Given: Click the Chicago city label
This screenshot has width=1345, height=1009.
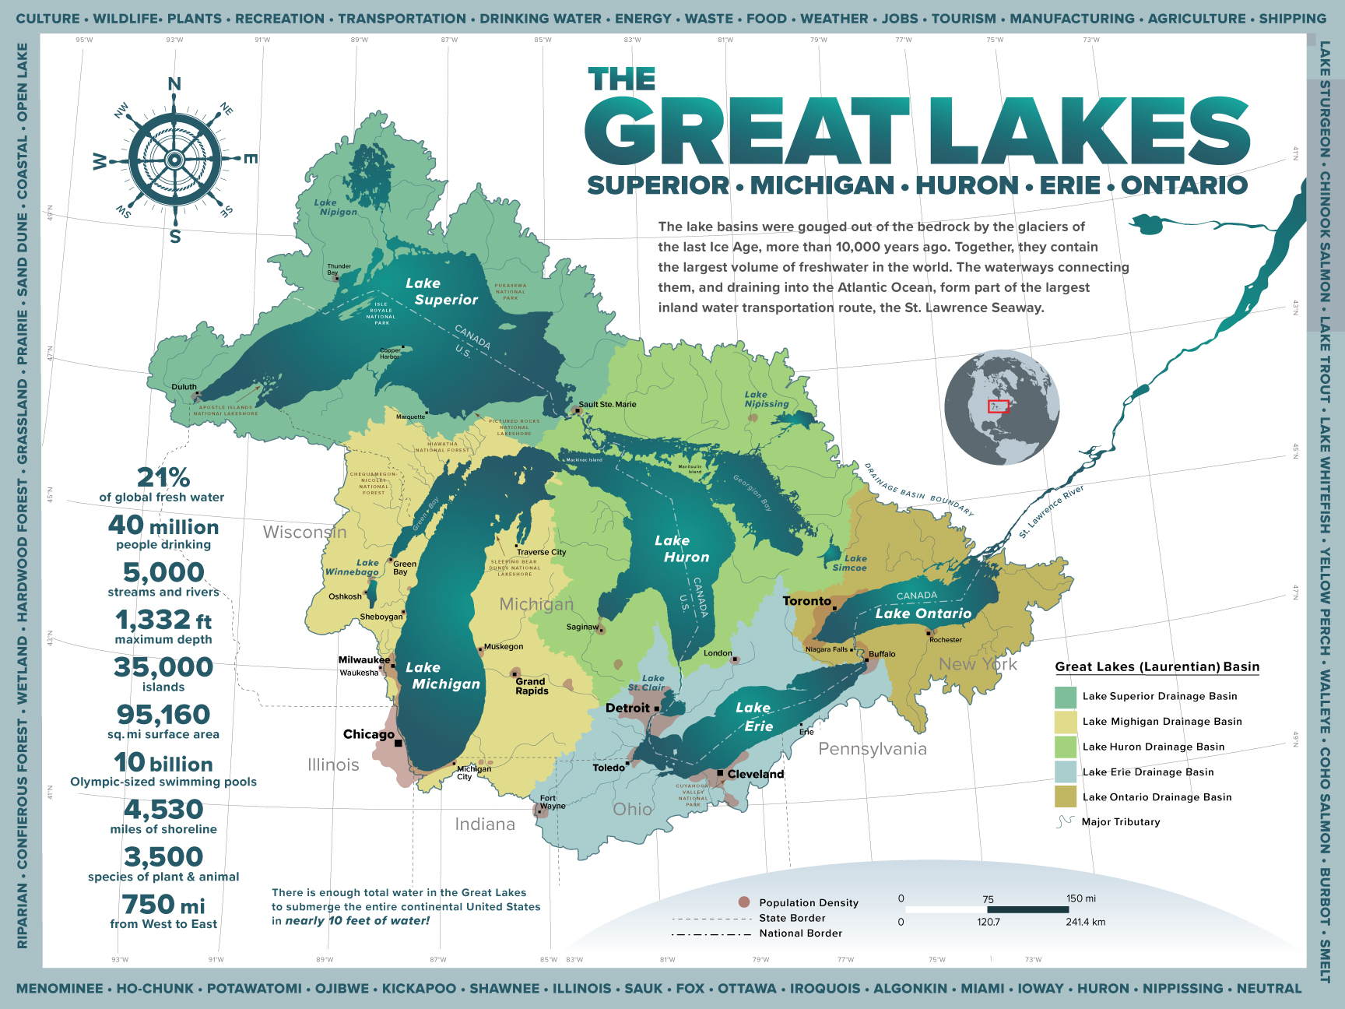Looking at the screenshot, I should tap(368, 734).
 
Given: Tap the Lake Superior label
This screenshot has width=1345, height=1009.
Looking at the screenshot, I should tap(441, 292).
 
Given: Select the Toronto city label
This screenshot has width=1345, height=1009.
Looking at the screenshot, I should tap(806, 601).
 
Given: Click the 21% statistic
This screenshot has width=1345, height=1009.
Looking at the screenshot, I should tap(163, 476).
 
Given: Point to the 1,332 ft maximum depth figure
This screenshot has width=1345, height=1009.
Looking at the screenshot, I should tap(163, 621).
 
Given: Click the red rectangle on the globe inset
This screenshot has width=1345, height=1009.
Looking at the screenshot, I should tap(998, 406).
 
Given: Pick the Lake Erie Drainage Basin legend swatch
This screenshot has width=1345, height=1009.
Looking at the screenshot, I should tap(1065, 772).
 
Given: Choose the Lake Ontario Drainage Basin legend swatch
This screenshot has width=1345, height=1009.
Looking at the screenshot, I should tap(1065, 796).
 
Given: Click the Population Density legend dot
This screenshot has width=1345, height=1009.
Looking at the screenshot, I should tap(743, 902).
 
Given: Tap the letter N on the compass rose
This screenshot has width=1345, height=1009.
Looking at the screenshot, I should tap(174, 84).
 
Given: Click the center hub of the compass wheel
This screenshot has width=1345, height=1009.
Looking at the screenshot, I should tap(174, 160).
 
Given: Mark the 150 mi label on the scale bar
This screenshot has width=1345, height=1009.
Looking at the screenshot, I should tap(1080, 898).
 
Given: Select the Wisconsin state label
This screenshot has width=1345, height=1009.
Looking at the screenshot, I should tap(304, 533).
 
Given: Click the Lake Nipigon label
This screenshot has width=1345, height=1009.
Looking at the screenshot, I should tap(337, 207).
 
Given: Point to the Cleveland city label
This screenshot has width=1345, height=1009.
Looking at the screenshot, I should tap(755, 774).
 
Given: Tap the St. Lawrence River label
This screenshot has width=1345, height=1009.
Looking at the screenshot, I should tap(1051, 512).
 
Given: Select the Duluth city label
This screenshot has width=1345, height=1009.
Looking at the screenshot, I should tap(184, 387).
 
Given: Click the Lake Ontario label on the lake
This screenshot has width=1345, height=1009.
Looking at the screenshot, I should tap(923, 613).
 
